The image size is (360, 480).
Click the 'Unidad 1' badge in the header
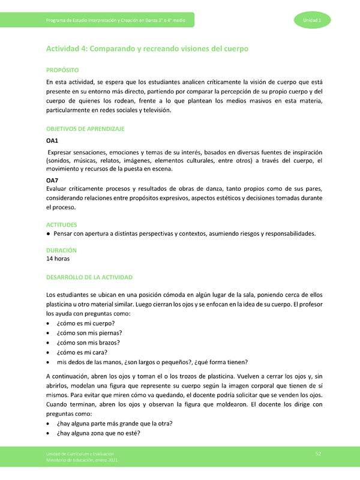coord(312,21)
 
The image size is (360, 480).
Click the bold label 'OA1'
coord(52,140)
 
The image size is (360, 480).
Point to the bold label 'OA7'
coord(52,180)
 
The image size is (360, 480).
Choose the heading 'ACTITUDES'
coord(62,224)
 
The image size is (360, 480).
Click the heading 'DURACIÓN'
coord(61,250)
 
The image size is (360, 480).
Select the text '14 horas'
coord(58,259)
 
